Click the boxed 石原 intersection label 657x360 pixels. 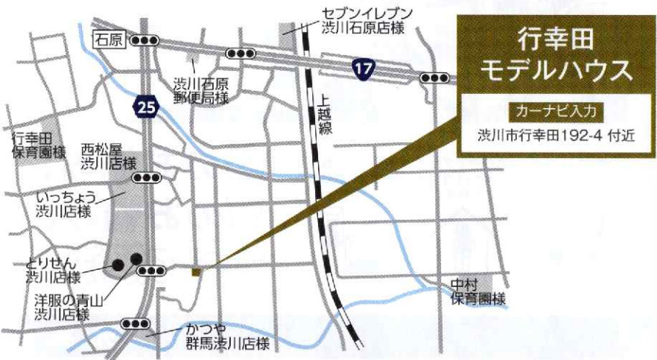(x=108, y=40)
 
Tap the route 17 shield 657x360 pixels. (x=363, y=69)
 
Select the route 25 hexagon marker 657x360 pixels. (x=147, y=108)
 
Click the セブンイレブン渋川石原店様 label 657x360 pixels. (x=357, y=21)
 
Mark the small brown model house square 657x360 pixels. (x=196, y=272)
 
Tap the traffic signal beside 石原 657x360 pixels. (x=145, y=41)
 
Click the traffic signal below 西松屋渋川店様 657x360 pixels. (x=147, y=178)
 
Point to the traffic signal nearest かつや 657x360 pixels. (x=136, y=323)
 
